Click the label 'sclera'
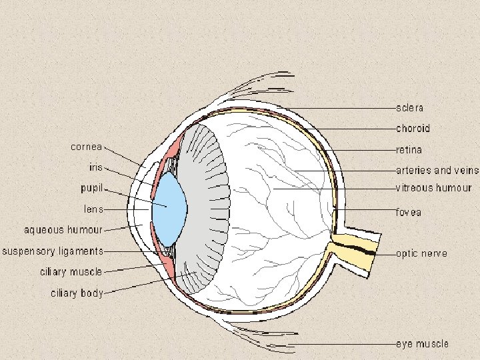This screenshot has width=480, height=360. coord(409,107)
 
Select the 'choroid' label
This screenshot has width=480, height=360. coord(413,128)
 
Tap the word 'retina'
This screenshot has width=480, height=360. coord(409,150)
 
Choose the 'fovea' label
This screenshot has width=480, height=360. coord(409,213)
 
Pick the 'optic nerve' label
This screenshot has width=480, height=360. coord(421,254)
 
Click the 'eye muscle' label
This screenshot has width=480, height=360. coord(422,344)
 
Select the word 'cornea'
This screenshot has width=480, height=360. coord(87,147)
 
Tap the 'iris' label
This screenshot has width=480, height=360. coord(96,167)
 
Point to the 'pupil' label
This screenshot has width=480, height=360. coord(91,189)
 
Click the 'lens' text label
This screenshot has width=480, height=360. coord(93,209)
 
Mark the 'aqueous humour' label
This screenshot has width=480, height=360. coord(63,230)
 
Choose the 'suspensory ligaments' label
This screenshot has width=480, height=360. coord(53,251)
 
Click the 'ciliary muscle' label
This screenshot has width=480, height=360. coord(71,272)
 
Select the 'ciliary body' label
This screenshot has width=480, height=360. coord(77,293)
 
